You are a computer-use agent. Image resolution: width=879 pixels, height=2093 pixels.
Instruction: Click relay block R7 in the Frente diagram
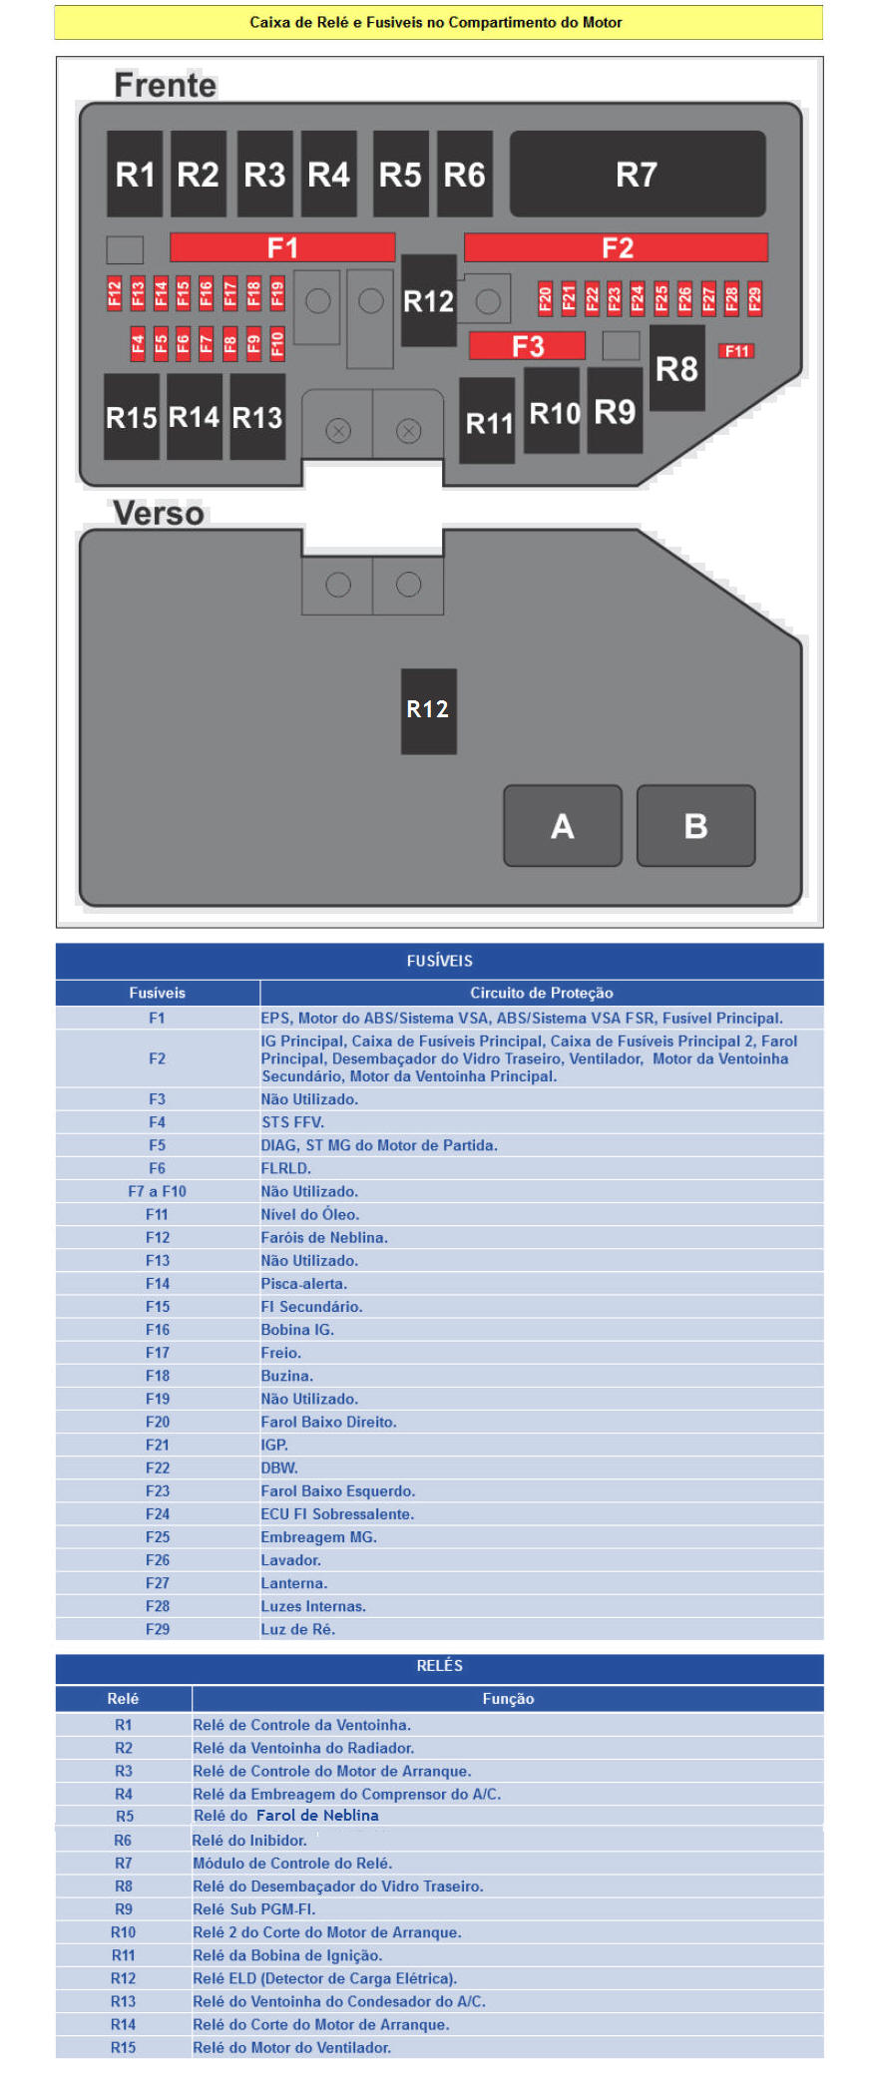click(x=637, y=175)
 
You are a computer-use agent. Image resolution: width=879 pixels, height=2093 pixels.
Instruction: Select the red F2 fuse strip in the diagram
click(x=616, y=247)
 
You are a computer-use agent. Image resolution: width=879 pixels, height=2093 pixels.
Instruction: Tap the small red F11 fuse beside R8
click(x=736, y=351)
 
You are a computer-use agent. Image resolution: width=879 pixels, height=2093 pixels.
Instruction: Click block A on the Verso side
click(x=563, y=826)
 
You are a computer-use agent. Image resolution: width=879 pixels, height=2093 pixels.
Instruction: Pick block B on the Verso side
click(x=695, y=826)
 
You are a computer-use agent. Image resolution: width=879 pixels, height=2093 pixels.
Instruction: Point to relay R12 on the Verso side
click(x=428, y=710)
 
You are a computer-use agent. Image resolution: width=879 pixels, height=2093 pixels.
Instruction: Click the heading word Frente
click(x=165, y=86)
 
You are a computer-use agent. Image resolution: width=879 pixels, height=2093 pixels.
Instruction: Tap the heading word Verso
click(x=159, y=514)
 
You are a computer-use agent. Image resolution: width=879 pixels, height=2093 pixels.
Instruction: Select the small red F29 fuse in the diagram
click(x=754, y=298)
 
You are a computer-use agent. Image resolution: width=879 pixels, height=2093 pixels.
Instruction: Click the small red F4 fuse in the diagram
click(x=138, y=344)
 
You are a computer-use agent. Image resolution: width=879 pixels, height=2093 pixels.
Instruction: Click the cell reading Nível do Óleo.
click(x=310, y=1214)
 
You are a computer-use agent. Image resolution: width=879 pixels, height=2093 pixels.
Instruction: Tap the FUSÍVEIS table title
click(x=439, y=961)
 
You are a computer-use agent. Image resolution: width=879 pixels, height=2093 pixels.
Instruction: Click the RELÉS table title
click(x=439, y=1666)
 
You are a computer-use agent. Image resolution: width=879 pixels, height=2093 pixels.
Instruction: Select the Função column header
click(x=508, y=1699)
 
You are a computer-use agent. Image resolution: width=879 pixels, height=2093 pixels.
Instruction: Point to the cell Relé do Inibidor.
click(x=249, y=1841)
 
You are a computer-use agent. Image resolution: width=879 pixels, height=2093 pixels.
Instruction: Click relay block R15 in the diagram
click(x=132, y=417)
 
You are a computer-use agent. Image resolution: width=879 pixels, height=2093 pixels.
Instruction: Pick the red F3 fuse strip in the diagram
click(x=527, y=346)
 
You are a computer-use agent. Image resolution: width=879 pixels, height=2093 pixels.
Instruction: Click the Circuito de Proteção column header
click(x=541, y=993)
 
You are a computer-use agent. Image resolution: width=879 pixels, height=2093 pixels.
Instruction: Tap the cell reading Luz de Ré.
click(x=298, y=1629)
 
